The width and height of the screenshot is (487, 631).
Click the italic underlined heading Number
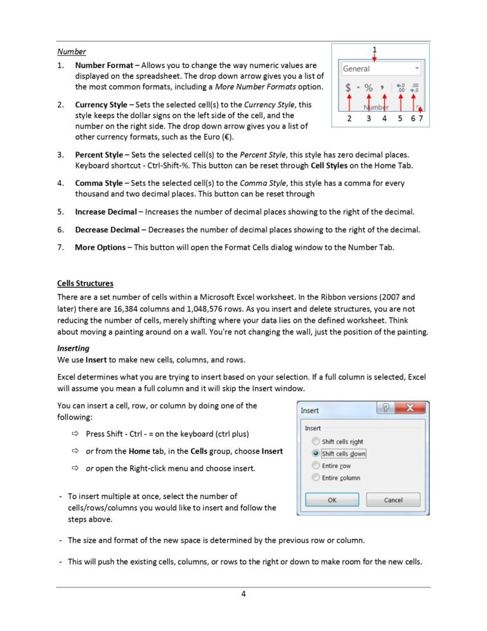[x=72, y=51]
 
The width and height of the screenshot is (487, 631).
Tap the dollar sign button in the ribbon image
[x=349, y=88]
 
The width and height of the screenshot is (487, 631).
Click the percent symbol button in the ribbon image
[x=368, y=88]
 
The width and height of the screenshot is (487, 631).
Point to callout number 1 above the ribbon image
[x=374, y=49]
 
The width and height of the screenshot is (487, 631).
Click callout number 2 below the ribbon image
[x=349, y=118]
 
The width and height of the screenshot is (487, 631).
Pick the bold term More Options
[x=100, y=247]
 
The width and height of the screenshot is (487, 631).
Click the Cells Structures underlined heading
[x=86, y=283]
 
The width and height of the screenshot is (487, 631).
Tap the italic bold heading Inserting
[x=74, y=349]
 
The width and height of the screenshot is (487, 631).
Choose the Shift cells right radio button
[x=315, y=441]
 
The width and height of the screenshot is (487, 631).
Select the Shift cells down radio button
[x=315, y=453]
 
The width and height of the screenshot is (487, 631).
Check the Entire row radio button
[x=315, y=465]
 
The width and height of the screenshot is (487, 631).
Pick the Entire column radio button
[x=315, y=477]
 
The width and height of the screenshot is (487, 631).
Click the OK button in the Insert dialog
[x=332, y=500]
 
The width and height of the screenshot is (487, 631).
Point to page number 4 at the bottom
[x=243, y=594]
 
